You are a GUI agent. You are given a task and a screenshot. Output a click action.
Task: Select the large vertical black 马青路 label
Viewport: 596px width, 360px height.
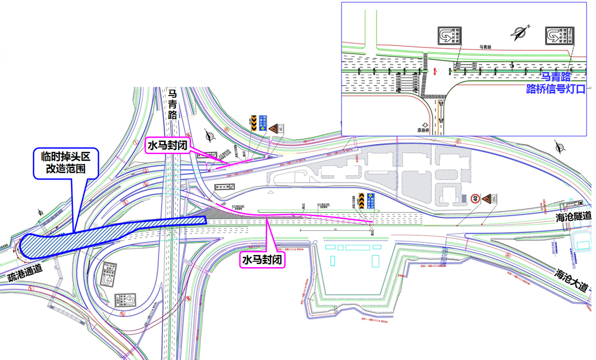(173, 105)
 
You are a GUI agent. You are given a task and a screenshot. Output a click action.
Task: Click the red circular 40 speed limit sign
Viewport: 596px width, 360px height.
(475, 199)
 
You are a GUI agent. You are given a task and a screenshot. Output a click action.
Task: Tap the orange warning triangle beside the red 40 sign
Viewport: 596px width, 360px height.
(487, 199)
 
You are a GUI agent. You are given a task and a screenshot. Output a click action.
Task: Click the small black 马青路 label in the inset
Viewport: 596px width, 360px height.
(486, 49)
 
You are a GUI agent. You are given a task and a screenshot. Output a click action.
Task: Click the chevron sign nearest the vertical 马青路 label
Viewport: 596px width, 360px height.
(253, 122)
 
